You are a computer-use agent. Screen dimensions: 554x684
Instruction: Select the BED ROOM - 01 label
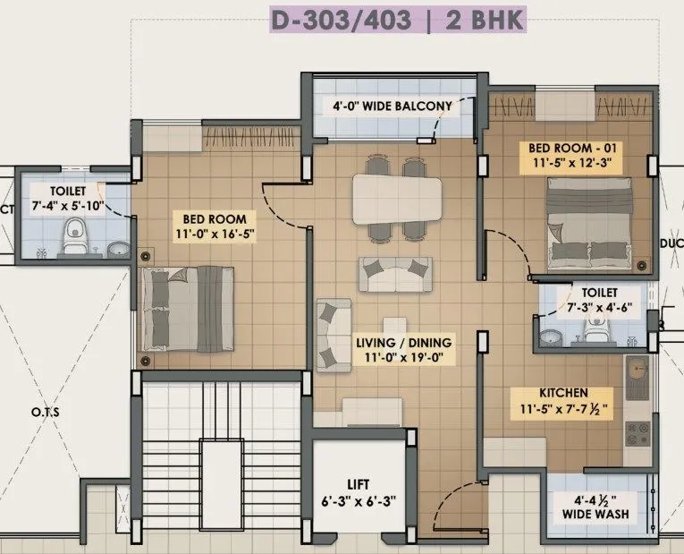[x=572, y=148]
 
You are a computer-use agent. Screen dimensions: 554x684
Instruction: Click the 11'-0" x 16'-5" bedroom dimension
[x=215, y=235]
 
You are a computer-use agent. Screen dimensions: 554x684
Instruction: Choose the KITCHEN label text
[x=563, y=393]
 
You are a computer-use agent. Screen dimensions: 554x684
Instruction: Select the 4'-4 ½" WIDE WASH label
[x=595, y=507]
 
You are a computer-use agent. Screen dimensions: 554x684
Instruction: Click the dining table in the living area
[x=397, y=198]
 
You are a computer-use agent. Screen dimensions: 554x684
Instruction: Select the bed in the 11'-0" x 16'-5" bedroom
[x=187, y=309]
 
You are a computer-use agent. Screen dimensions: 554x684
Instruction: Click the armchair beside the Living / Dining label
[x=333, y=335]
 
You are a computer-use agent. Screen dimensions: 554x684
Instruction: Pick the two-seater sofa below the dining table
[x=395, y=274]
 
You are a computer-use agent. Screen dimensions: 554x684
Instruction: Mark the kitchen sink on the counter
[x=638, y=377]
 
